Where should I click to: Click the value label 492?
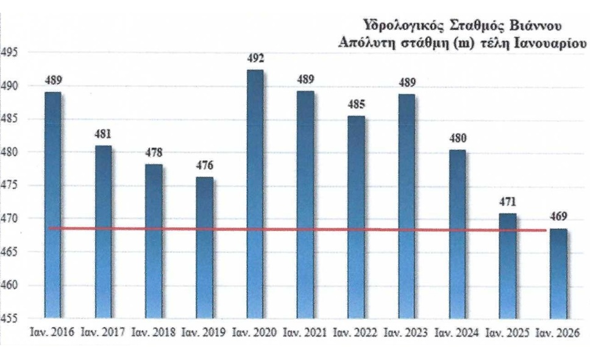coord(255,59)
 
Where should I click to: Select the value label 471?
coord(508,202)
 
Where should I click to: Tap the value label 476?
coord(204,166)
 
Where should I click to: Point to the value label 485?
coord(356,105)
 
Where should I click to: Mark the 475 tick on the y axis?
coord(9,185)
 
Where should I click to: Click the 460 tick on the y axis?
coord(9,285)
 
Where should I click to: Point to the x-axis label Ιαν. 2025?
coord(507,333)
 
